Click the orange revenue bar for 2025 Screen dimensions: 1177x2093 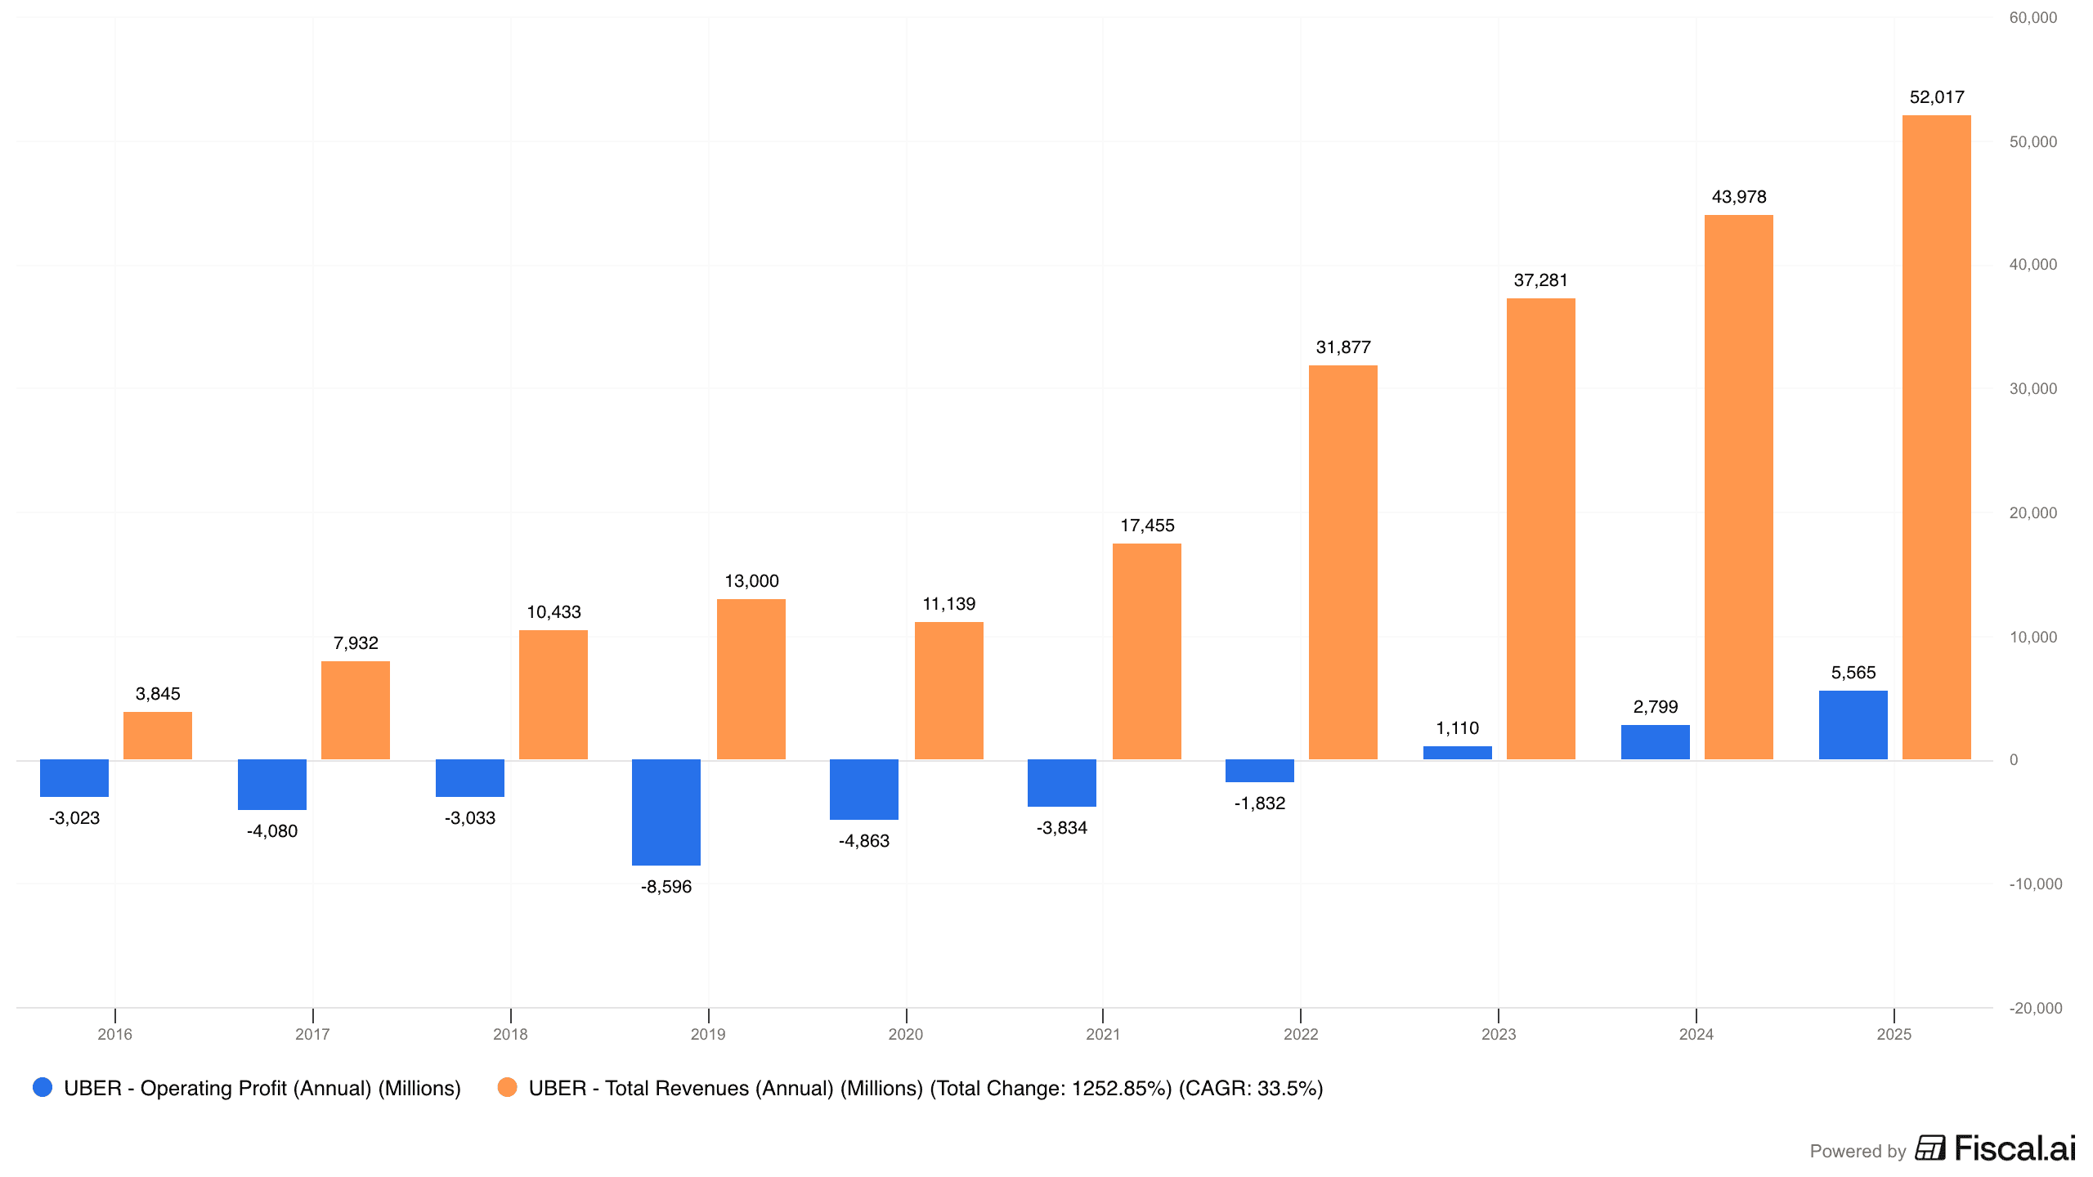tap(1936, 437)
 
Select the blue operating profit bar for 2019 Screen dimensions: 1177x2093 tap(666, 812)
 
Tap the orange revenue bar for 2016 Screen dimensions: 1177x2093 tap(158, 736)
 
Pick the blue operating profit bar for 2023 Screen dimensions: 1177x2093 tap(1457, 753)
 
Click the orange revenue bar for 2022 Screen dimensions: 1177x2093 tap(1342, 562)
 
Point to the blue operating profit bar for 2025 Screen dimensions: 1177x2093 tap(1853, 725)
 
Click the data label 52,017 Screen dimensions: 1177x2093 tap(1936, 97)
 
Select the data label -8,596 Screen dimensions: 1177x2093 tap(666, 887)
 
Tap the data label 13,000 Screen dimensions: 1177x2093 tap(751, 581)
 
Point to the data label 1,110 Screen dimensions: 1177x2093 tap(1457, 728)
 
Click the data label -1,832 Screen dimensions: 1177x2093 tap(1260, 803)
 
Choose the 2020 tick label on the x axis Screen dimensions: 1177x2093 tap(906, 1034)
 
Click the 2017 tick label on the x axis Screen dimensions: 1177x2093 tap(312, 1034)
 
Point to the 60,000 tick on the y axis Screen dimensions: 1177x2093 tap(2032, 18)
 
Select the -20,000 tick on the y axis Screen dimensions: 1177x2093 tap(2035, 1008)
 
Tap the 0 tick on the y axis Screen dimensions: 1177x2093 tap(2014, 760)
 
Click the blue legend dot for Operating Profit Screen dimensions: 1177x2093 tap(43, 1087)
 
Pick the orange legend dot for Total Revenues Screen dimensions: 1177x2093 tap(507, 1087)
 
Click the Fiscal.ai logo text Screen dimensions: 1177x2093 tap(2015, 1148)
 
